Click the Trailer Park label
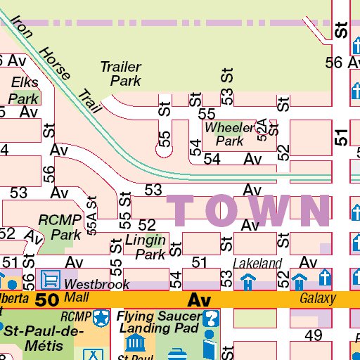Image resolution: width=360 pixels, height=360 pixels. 120,74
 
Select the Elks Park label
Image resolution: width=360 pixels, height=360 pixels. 24,91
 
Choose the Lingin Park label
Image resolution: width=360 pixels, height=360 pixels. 146,247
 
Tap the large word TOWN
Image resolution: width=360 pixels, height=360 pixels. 248,210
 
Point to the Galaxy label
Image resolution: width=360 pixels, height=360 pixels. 318,299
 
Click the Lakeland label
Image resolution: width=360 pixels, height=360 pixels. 257,264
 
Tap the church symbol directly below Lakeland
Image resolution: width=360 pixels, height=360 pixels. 247,281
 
